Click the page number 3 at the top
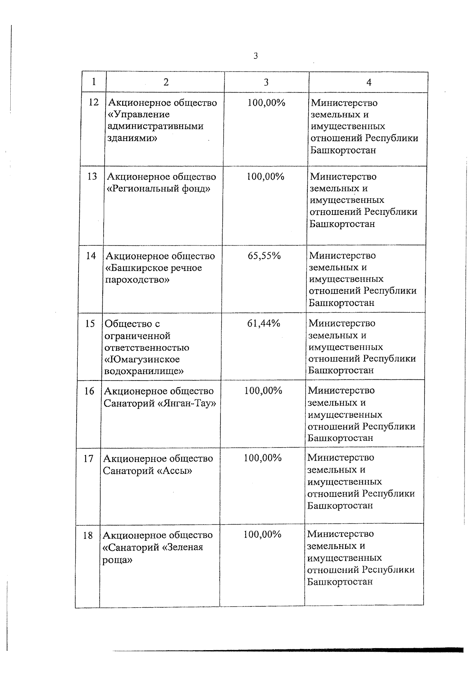point(255,56)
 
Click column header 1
point(94,82)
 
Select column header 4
point(369,82)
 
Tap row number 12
point(94,102)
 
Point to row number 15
point(90,324)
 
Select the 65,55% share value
point(264,256)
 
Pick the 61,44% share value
point(264,324)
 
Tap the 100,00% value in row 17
point(263,458)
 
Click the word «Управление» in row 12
point(138,114)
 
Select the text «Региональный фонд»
point(159,189)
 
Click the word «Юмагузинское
point(142,359)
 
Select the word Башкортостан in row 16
point(340,438)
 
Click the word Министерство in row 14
point(342,255)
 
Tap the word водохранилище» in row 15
point(144,371)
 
